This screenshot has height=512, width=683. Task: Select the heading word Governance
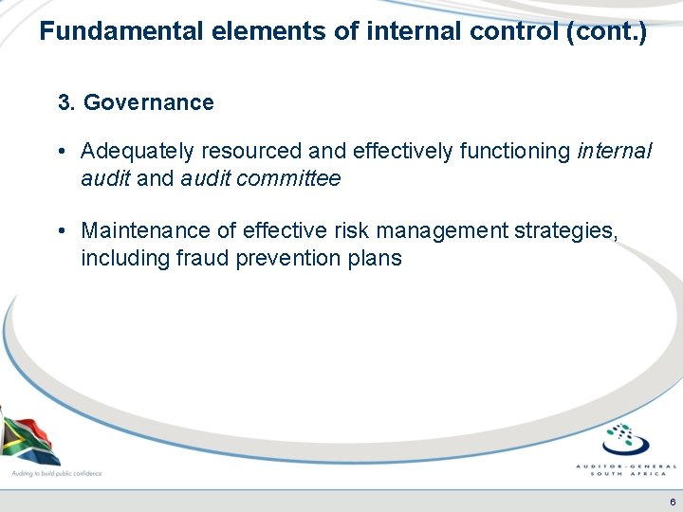[149, 102]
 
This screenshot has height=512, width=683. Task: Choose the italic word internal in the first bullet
[614, 152]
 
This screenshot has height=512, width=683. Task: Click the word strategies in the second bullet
[573, 230]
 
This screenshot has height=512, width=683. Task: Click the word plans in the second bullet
[377, 258]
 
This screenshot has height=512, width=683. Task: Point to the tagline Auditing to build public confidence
[56, 472]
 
